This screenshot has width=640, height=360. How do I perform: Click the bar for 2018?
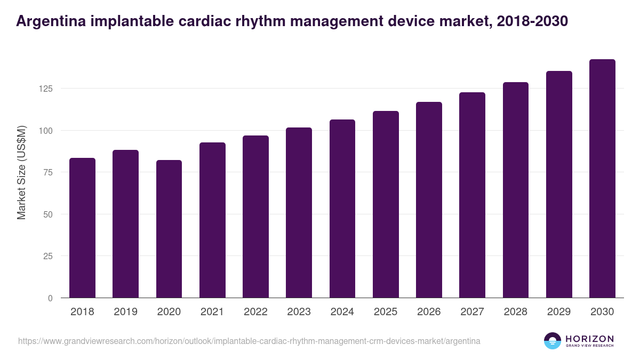coord(82,228)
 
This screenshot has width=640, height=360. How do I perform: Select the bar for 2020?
coord(169,229)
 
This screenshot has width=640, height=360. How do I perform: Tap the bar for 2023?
coord(299,213)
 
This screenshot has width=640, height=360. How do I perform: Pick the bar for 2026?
coord(429,200)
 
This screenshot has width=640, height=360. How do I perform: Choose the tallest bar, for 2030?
coord(602,179)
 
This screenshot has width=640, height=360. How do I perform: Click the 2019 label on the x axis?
coord(125,312)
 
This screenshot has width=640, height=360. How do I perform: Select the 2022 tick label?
coord(255,312)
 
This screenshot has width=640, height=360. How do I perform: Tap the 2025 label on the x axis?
coord(386,312)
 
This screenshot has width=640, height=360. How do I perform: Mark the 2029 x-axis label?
coord(559,312)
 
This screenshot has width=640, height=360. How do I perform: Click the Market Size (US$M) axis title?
coord(22,172)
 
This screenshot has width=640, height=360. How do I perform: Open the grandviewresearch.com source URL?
coord(249,341)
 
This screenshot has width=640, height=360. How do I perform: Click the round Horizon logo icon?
coord(552,341)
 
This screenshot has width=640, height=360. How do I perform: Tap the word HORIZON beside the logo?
coord(589,338)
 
